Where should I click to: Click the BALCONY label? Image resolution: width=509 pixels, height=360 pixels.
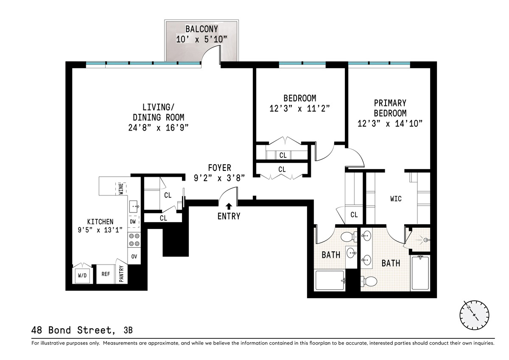[201, 29]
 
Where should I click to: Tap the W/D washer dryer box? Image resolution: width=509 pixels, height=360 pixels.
[82, 275]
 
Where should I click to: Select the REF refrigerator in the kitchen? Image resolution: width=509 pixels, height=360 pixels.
[106, 274]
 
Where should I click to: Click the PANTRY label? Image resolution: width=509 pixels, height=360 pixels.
[121, 274]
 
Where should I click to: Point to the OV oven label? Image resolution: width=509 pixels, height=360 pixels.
[134, 256]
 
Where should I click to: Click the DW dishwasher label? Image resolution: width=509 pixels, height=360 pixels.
[133, 221]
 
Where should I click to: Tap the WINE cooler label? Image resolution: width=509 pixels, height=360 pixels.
[120, 187]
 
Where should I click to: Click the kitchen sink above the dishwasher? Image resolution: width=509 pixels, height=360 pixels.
[134, 207]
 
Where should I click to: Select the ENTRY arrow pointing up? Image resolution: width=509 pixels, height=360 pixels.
[229, 207]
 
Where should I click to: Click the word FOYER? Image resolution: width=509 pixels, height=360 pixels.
[219, 168]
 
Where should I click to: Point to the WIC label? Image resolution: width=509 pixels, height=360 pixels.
[396, 198]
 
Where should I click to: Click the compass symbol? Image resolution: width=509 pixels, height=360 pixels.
[474, 314]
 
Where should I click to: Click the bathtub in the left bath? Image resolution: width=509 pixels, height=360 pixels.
[330, 280]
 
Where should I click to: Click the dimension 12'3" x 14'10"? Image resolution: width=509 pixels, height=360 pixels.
[390, 123]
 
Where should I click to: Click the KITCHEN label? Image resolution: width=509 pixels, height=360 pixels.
[100, 221]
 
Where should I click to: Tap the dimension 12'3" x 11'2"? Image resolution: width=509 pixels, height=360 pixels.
[299, 108]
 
